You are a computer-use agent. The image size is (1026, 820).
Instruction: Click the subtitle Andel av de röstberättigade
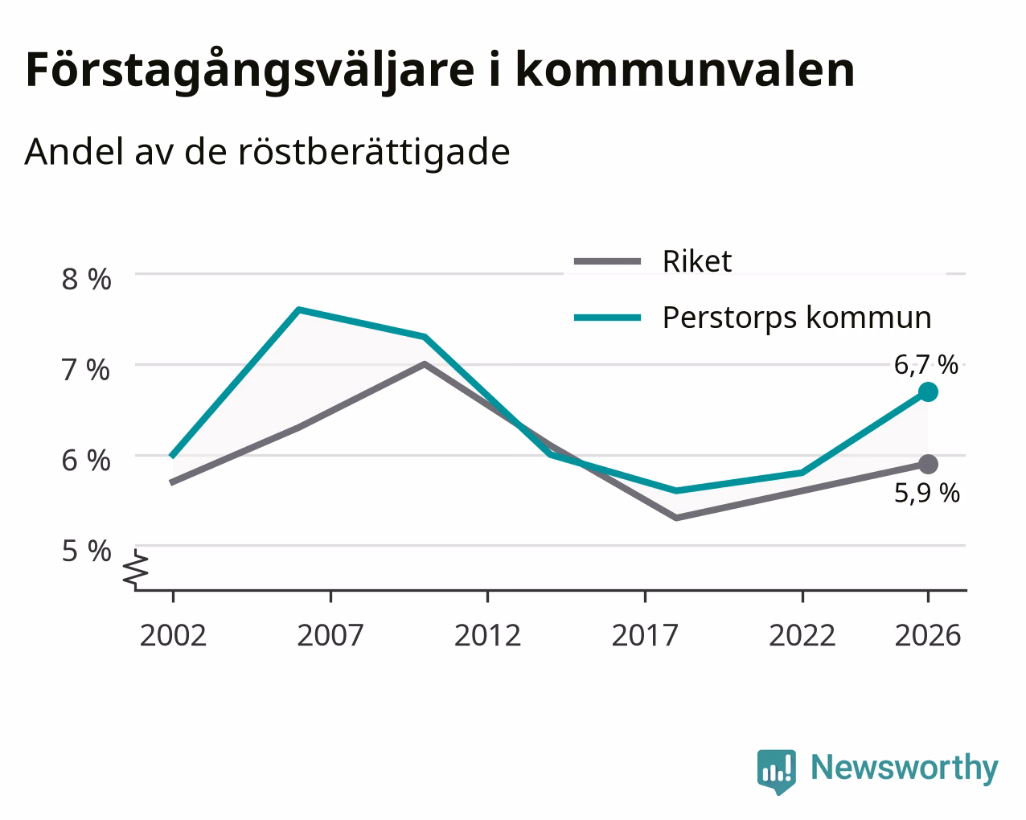[267, 153]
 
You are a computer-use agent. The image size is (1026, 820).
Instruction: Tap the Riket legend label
[696, 261]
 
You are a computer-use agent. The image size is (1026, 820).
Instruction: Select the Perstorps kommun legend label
[797, 318]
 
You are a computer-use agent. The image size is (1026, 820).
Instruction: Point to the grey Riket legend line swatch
[607, 261]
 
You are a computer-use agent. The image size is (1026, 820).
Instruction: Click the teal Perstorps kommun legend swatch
[607, 318]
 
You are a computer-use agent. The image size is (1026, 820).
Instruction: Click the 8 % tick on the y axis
[86, 280]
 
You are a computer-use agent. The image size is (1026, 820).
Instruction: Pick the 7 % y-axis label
[86, 370]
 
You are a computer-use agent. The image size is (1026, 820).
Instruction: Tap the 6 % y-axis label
[86, 461]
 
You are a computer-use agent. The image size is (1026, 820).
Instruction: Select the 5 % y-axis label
[86, 551]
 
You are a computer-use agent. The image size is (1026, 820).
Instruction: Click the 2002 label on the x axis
[173, 635]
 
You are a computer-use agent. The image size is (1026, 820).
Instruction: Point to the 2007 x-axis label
[330, 635]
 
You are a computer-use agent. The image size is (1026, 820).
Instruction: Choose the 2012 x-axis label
[487, 635]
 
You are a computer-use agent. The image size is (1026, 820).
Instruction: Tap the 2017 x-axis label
[645, 635]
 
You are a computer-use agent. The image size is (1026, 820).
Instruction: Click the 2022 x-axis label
[802, 635]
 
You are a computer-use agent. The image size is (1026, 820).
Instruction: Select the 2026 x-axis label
[928, 635]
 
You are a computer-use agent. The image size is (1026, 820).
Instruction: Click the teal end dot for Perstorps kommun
[928, 392]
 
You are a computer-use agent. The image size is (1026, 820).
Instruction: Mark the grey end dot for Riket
[928, 464]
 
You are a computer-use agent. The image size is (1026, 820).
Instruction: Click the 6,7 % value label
[925, 366]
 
